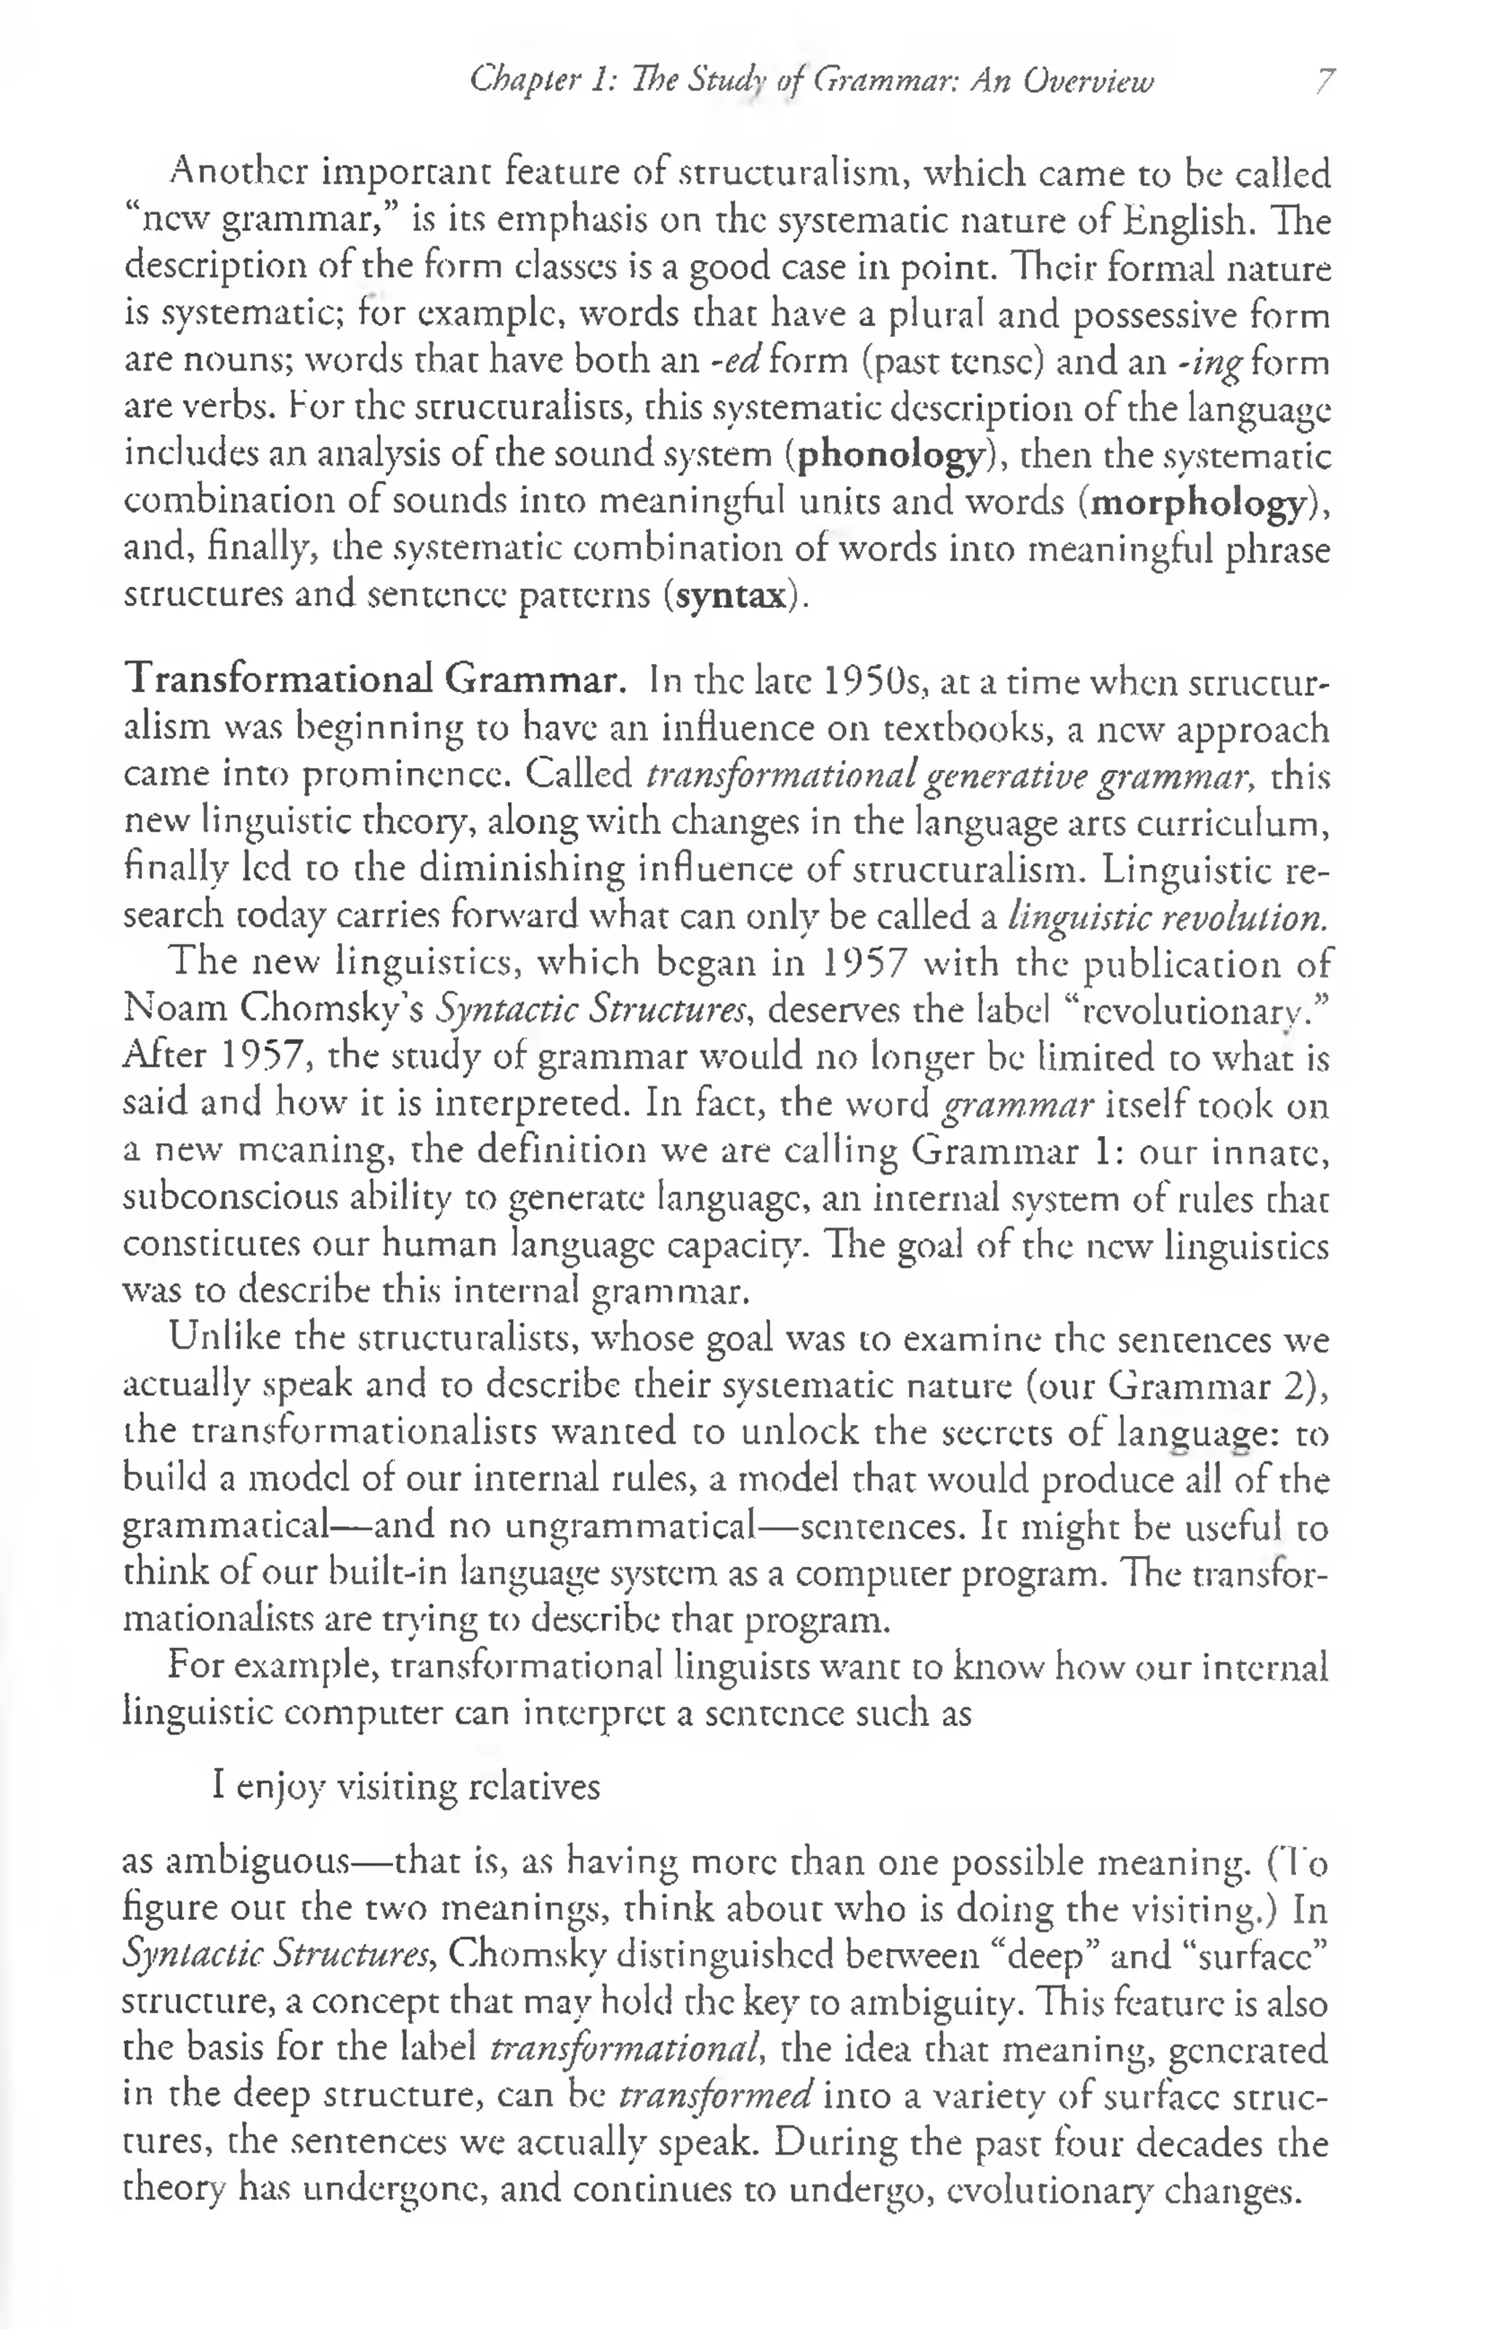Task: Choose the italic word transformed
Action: point(715,2095)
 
